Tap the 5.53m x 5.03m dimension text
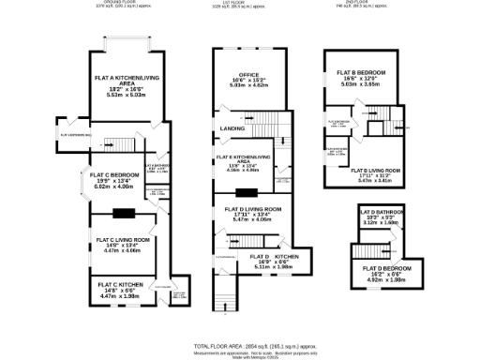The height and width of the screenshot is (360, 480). pyautogui.click(x=125, y=95)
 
